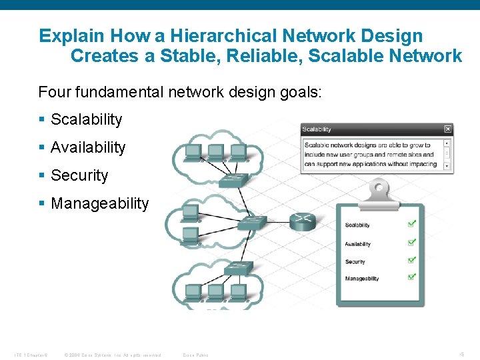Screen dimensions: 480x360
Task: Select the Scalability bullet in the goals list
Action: [x=86, y=119]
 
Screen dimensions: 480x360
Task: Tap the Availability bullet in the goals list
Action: [x=87, y=147]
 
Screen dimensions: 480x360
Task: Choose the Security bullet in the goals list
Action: [x=79, y=175]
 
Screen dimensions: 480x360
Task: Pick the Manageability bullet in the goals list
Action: [x=99, y=203]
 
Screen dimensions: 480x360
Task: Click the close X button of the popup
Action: [x=448, y=129]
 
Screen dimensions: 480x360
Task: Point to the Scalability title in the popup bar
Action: [x=317, y=129]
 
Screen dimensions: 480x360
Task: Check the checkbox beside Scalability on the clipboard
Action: [x=411, y=225]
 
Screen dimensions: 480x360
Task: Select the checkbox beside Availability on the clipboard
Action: [x=411, y=243]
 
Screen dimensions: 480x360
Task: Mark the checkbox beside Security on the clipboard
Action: [x=411, y=261]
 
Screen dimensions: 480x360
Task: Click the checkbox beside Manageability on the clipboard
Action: [x=411, y=277]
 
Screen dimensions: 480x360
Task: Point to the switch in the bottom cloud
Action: [x=239, y=268]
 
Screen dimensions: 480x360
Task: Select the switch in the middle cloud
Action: [x=254, y=221]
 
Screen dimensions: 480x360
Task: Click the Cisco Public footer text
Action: [x=195, y=355]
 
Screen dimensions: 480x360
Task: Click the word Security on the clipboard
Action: [x=355, y=262]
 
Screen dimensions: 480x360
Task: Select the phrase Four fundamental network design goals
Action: [x=180, y=91]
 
